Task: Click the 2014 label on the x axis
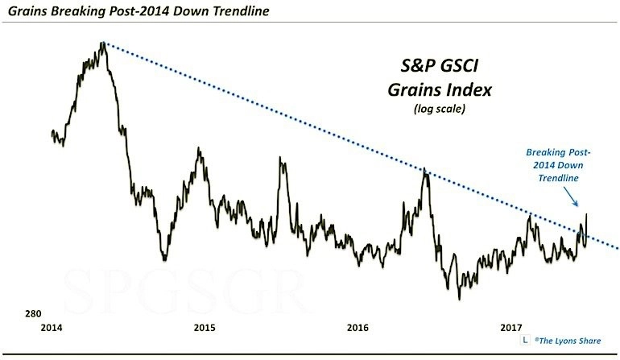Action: click(52, 328)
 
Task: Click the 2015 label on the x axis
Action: click(205, 328)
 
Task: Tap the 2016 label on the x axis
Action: click(358, 328)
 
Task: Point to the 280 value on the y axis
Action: click(32, 313)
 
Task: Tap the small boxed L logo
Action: click(524, 341)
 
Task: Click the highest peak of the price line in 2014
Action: click(103, 43)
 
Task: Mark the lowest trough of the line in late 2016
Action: click(459, 298)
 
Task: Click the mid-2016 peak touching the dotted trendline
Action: click(425, 172)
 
